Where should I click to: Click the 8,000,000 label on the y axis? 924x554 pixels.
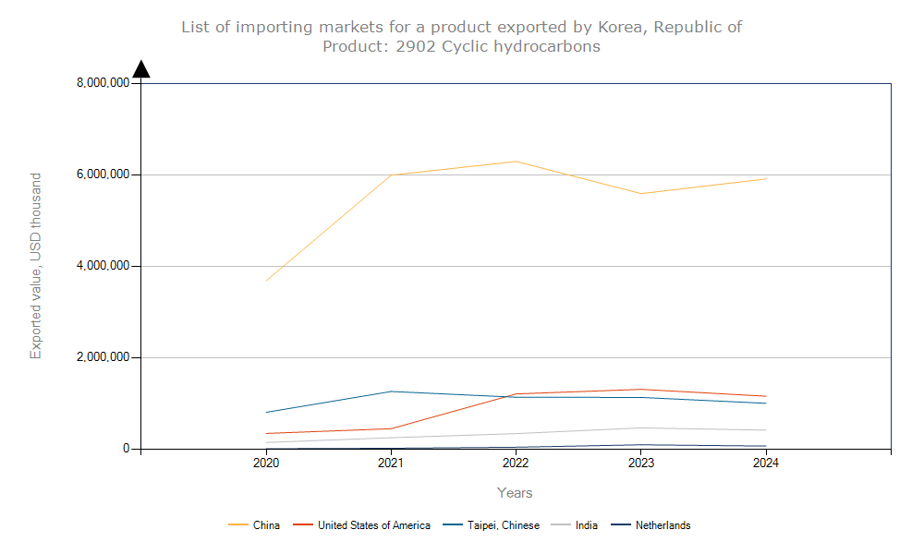click(103, 83)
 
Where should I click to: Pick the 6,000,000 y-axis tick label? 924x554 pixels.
click(103, 175)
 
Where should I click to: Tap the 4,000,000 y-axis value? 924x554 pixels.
click(103, 266)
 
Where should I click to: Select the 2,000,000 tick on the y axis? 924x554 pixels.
click(103, 357)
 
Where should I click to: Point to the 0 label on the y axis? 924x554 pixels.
click(127, 449)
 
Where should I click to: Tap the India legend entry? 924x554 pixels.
click(586, 525)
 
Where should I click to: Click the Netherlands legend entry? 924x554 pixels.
click(663, 525)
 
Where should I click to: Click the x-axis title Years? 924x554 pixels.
click(515, 493)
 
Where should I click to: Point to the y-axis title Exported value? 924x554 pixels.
click(36, 266)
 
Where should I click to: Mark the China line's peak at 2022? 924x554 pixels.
click(516, 162)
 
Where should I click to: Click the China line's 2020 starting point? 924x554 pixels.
click(266, 281)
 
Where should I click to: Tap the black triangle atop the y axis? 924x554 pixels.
click(141, 69)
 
